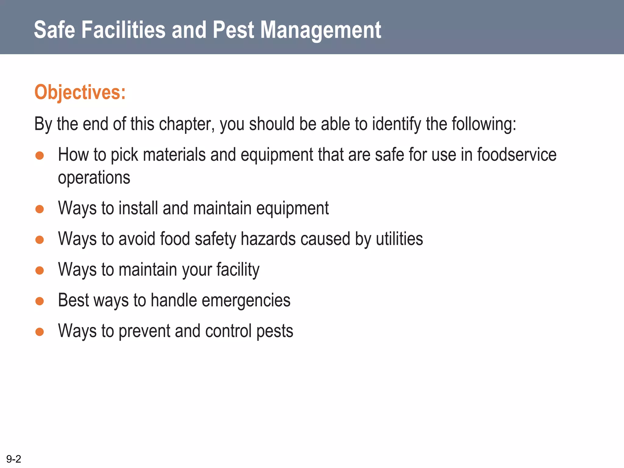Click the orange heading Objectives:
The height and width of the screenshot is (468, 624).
80,92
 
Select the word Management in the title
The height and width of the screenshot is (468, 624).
321,30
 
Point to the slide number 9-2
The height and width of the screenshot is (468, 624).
14,459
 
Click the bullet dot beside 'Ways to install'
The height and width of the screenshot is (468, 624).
40,209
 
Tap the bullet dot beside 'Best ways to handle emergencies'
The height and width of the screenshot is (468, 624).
40,301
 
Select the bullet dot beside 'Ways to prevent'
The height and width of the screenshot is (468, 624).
40,331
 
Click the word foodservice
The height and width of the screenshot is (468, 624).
517,154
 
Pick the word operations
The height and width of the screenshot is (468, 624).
94,178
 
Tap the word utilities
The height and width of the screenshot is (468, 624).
399,239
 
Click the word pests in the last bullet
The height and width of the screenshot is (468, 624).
275,331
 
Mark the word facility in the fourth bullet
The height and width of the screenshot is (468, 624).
238,270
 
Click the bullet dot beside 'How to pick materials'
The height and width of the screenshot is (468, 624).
40,156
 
